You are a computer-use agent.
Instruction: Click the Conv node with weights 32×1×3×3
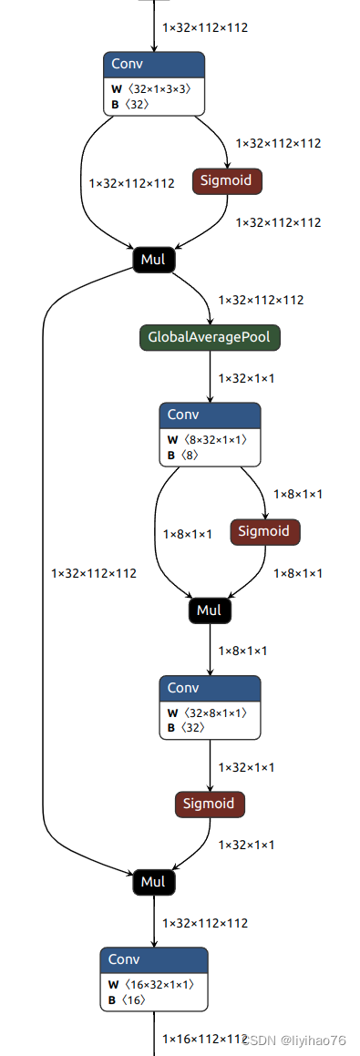pos(153,83)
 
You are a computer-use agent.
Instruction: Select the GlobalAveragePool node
pos(210,338)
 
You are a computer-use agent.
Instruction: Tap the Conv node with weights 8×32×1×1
pos(210,433)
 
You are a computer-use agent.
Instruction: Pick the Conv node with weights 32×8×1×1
pos(210,706)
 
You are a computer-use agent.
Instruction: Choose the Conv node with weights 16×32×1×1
pos(153,979)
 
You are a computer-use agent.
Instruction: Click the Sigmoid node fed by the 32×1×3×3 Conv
pos(227,180)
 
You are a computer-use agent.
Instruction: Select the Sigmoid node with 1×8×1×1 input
pos(264,531)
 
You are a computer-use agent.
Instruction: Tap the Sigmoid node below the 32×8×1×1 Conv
pos(210,804)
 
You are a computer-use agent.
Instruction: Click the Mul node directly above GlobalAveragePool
pos(153,260)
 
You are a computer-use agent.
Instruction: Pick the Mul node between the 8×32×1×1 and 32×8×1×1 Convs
pos(210,610)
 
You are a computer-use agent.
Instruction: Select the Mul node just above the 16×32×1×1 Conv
pos(153,882)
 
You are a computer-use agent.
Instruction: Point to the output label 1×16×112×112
pos(204,1039)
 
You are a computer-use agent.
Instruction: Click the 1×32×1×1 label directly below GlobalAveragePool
pos(246,378)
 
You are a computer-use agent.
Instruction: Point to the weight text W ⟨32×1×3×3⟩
pos(150,89)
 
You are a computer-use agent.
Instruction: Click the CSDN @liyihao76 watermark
pos(303,1041)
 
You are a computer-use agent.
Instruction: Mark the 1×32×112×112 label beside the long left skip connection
pos(94,573)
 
